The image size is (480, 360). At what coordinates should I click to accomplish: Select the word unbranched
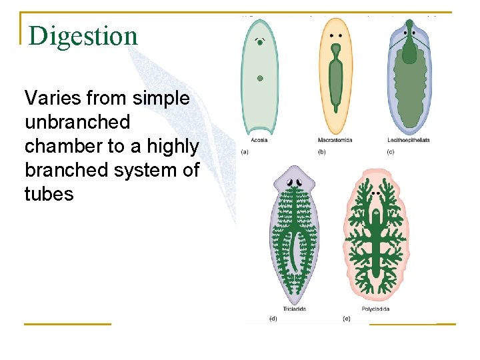[77, 123]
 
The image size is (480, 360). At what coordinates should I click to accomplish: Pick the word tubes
[49, 194]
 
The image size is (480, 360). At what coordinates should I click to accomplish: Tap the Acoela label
[259, 140]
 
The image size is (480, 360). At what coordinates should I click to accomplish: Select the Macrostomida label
[335, 140]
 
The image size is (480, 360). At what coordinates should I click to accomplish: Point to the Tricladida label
[295, 309]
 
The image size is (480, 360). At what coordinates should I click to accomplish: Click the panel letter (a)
[245, 153]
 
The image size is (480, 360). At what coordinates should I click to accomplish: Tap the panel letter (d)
[273, 319]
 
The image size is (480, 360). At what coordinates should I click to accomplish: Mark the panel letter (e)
[347, 319]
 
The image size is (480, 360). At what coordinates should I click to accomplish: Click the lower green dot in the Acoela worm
[259, 78]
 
